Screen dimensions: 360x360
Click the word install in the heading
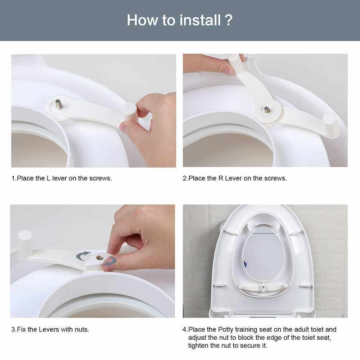click(x=200, y=20)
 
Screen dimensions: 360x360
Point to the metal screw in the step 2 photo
click(x=267, y=110)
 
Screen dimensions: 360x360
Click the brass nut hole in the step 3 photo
click(x=99, y=258)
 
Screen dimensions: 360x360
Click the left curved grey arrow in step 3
click(x=83, y=256)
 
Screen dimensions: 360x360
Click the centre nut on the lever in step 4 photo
click(x=263, y=286)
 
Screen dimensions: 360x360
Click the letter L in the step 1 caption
click(x=49, y=179)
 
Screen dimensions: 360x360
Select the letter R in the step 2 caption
click(x=221, y=179)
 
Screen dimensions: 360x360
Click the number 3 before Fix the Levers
click(x=13, y=329)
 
